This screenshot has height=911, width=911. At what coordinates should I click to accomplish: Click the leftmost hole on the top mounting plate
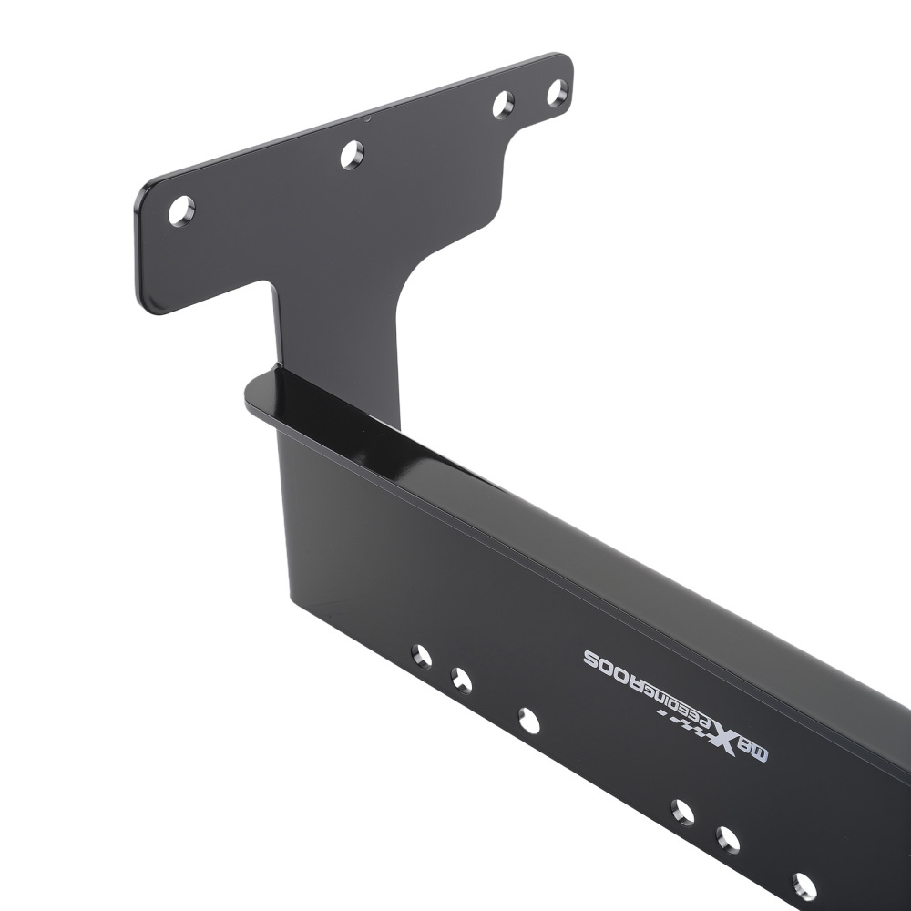tap(181, 211)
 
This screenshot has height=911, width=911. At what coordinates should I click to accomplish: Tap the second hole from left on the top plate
tap(352, 155)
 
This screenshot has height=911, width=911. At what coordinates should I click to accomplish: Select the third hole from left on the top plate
tap(503, 104)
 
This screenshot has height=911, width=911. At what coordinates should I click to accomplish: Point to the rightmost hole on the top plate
tap(557, 92)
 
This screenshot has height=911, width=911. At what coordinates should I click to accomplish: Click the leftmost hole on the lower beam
tap(421, 656)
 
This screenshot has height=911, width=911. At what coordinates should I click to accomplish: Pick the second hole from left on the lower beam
tap(462, 680)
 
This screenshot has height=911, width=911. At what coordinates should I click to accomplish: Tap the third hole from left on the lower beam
tap(528, 721)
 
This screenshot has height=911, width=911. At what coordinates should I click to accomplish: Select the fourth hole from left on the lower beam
tap(682, 812)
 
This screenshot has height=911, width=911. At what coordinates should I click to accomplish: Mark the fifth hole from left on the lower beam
tap(728, 839)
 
